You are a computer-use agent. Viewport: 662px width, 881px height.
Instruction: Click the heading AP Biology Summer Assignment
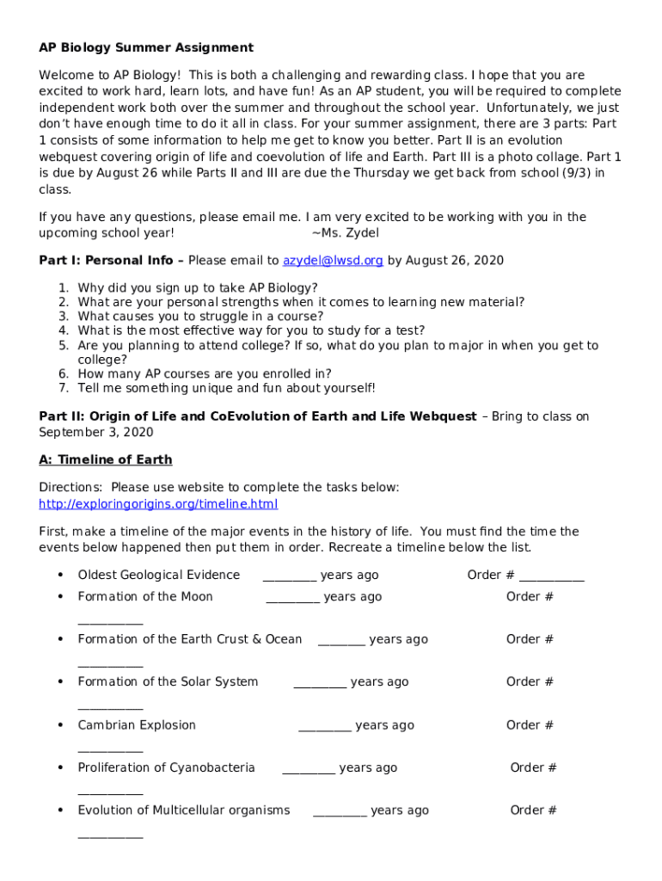tap(146, 47)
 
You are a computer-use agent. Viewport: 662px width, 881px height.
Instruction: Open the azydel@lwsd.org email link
tap(333, 261)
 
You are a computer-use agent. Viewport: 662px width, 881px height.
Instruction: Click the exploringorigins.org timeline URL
tap(158, 504)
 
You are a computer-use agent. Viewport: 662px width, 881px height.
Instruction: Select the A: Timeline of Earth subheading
tap(106, 459)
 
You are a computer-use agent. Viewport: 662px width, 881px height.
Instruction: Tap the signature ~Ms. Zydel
tap(345, 232)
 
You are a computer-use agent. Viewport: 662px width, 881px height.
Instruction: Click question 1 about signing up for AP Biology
tap(197, 287)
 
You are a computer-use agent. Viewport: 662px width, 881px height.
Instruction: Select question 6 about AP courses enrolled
tap(205, 373)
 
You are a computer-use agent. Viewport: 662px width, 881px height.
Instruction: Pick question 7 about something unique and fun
tap(226, 388)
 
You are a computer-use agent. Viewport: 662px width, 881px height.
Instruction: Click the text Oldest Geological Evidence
tap(158, 575)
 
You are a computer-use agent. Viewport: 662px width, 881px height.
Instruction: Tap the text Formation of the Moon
tap(145, 596)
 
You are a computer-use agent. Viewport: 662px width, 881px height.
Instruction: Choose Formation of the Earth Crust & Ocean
tap(190, 639)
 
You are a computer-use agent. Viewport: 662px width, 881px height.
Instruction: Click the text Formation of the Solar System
tap(168, 682)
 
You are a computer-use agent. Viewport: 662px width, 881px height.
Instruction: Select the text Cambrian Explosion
tap(137, 725)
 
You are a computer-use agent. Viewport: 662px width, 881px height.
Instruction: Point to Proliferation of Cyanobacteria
tap(166, 767)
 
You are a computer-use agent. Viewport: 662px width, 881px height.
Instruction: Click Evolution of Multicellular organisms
tap(184, 810)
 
